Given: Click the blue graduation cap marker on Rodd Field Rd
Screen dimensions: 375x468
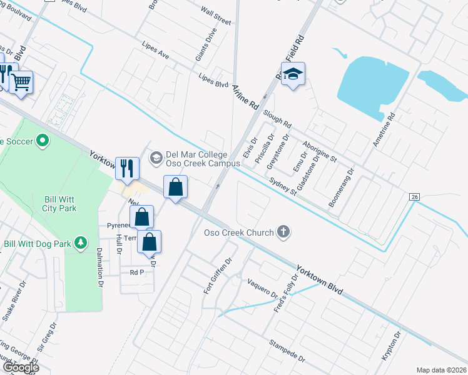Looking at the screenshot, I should point(292,74).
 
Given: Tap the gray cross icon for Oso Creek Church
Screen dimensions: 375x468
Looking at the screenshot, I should point(283,232).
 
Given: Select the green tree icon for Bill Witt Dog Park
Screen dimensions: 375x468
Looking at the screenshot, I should point(80,242).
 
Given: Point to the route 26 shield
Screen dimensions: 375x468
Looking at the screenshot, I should point(414,197).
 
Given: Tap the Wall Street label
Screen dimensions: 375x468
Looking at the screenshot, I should point(216,17).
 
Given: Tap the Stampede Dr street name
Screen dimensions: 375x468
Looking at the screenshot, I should point(287,352).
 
